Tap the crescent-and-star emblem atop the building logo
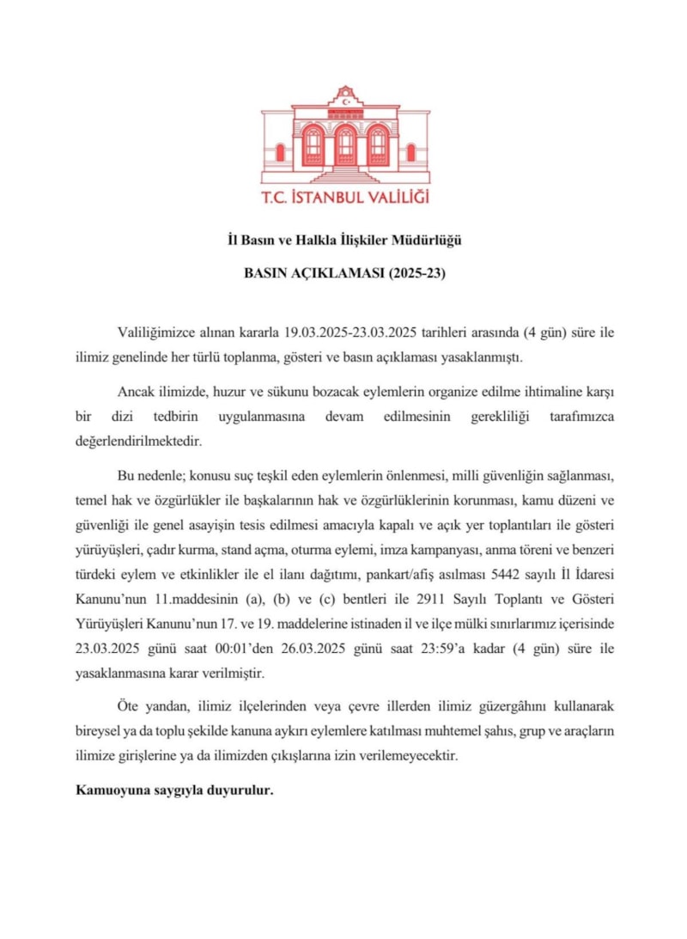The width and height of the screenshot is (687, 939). [x=345, y=101]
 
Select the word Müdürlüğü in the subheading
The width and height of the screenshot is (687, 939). [x=434, y=241]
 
